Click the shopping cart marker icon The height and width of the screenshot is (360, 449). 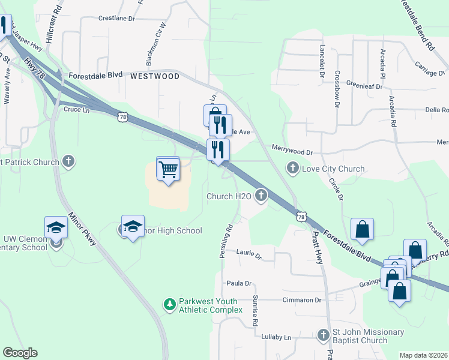point(168,169)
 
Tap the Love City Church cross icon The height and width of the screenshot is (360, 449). point(293,168)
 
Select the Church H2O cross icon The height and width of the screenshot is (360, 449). point(261,195)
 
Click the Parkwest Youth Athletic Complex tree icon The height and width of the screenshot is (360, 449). point(170,304)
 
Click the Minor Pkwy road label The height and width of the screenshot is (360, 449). point(82,229)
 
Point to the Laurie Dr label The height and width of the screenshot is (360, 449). point(249,255)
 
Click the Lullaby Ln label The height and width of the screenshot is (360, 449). point(276,337)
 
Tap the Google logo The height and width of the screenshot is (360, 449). point(20,353)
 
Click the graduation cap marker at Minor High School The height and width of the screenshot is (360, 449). point(133,226)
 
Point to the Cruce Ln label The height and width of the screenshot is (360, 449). point(76,110)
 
